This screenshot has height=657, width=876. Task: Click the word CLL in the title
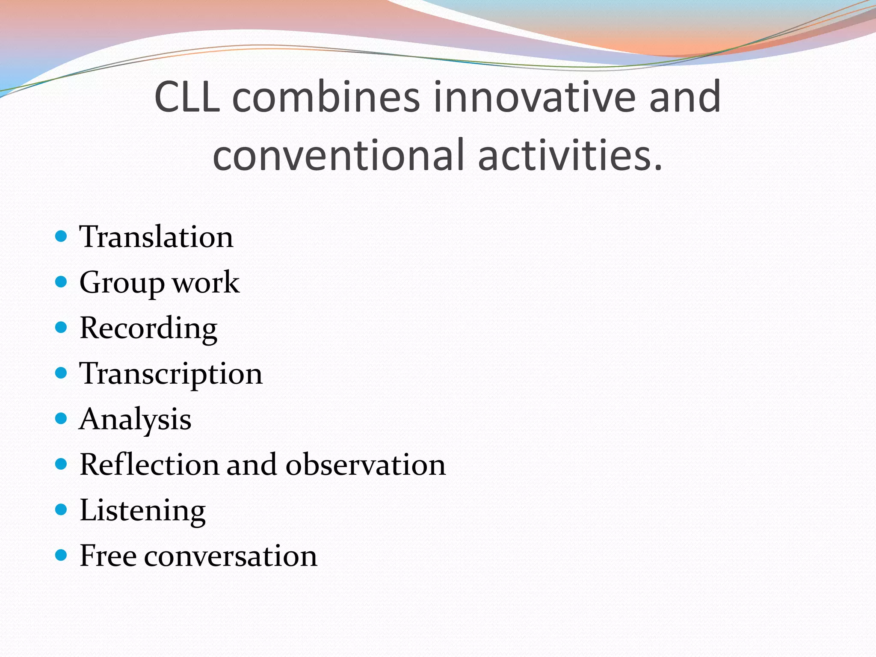click(x=187, y=98)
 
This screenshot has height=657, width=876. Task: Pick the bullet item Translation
click(x=156, y=237)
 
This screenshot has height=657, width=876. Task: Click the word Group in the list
click(x=122, y=283)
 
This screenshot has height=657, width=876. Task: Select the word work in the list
click(x=206, y=283)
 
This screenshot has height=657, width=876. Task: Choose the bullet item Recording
click(x=148, y=328)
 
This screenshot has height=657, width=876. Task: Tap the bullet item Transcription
click(x=171, y=374)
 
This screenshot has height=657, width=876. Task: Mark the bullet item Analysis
click(x=135, y=419)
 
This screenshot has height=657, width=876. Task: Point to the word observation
click(x=366, y=465)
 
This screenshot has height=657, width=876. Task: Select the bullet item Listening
click(x=142, y=510)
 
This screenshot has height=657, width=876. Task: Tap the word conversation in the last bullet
click(x=231, y=556)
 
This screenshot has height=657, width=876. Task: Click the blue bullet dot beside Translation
click(x=62, y=236)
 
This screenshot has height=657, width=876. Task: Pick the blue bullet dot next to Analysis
click(x=62, y=418)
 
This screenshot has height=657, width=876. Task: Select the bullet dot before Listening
click(x=62, y=509)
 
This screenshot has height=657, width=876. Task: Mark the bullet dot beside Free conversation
click(x=62, y=555)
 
